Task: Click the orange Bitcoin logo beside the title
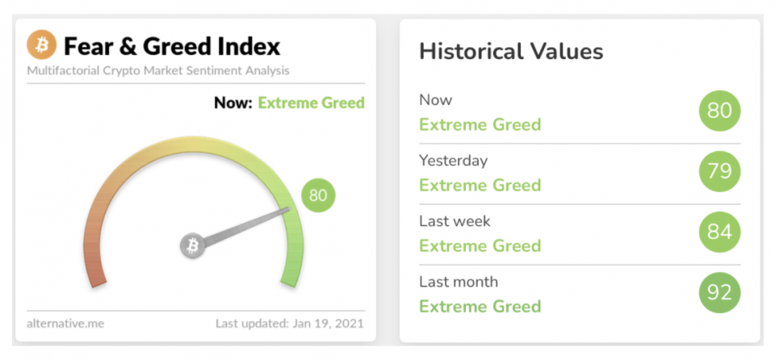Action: click(x=41, y=46)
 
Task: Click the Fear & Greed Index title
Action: click(x=172, y=47)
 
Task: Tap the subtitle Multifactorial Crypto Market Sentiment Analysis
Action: click(x=158, y=71)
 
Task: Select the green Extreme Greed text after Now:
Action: click(x=312, y=103)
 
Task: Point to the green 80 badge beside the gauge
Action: click(x=318, y=195)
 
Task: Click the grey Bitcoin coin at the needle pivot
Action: click(x=192, y=245)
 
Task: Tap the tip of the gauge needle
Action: click(x=289, y=210)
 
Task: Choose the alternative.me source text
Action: click(x=65, y=324)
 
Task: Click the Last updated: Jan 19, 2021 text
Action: click(x=290, y=324)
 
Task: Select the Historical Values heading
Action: click(x=511, y=52)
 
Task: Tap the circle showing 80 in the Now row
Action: click(x=719, y=111)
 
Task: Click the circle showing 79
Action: click(x=719, y=171)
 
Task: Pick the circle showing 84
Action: click(x=719, y=232)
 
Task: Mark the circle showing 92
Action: click(x=719, y=293)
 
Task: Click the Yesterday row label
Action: click(x=453, y=161)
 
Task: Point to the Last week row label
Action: click(x=455, y=221)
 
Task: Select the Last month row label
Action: click(x=459, y=282)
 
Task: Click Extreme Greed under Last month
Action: click(x=480, y=306)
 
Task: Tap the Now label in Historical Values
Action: click(x=435, y=100)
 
